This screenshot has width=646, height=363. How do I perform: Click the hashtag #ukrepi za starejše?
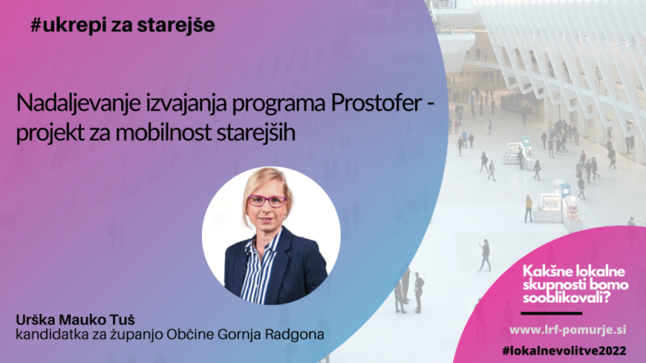point(123,25)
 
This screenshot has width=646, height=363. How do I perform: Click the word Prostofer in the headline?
point(375,103)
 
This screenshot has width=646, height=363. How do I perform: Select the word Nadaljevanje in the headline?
point(78,104)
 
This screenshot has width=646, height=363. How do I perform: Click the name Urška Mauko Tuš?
point(75,319)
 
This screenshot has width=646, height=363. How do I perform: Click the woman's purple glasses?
point(266,201)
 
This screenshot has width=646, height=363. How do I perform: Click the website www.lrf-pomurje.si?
point(568,330)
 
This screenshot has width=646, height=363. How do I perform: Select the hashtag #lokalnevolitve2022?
point(564,351)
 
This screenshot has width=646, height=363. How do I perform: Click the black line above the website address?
point(552,314)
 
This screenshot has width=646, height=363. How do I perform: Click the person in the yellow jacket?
point(529,208)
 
